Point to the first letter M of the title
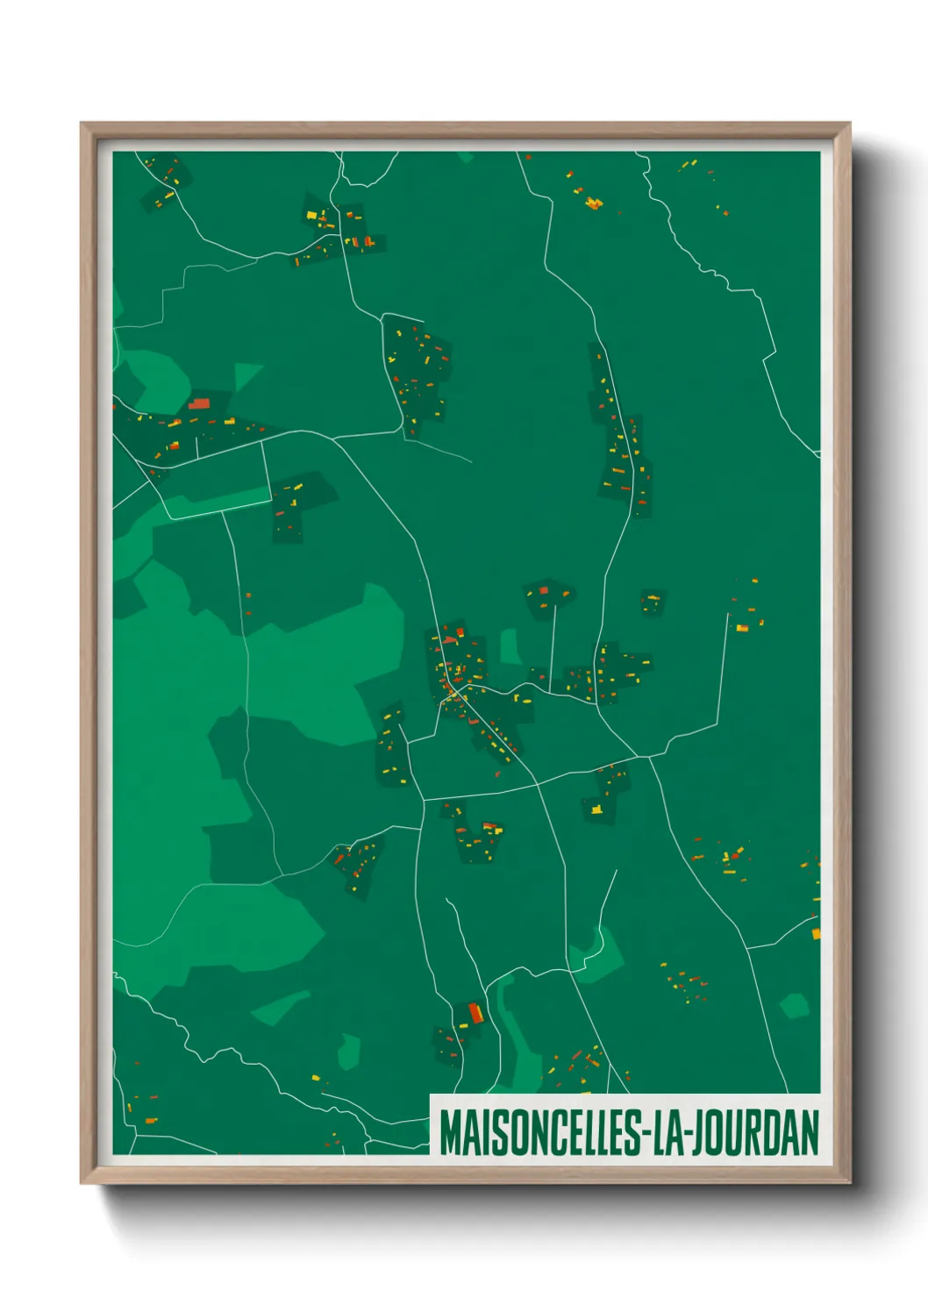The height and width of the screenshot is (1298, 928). tap(450, 1132)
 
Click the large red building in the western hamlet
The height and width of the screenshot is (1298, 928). tap(199, 403)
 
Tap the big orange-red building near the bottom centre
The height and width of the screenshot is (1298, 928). tap(475, 1014)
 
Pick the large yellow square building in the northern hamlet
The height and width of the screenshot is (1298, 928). tap(311, 215)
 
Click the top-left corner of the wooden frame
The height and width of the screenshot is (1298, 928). tap(82, 125)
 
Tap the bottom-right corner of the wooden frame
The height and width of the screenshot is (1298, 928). tap(849, 1182)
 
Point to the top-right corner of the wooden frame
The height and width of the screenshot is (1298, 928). tap(849, 125)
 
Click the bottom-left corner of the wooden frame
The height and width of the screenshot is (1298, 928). tap(82, 1182)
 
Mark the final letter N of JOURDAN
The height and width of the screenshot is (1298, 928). tap(810, 1132)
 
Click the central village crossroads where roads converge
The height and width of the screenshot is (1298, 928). tap(457, 692)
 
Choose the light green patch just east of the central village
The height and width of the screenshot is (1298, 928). tap(510, 645)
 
